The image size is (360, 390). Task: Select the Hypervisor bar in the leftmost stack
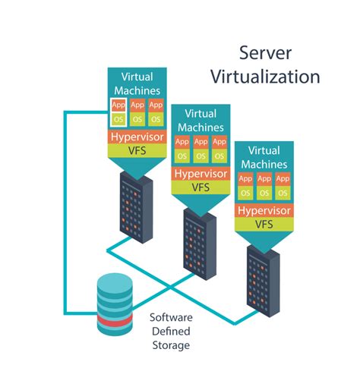point(137,137)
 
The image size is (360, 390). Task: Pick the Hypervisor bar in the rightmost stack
point(264,210)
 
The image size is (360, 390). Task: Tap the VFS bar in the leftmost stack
point(137,151)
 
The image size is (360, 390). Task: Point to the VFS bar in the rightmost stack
point(264,224)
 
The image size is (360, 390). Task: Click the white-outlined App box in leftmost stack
point(118,105)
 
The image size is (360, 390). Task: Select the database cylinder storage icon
point(113,304)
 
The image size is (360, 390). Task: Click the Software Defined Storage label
point(170,331)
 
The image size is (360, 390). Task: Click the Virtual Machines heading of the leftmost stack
point(137,83)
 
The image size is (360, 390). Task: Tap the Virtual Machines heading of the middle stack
point(200,121)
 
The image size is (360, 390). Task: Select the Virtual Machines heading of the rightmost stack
point(264,156)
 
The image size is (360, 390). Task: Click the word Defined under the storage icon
point(170,331)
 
